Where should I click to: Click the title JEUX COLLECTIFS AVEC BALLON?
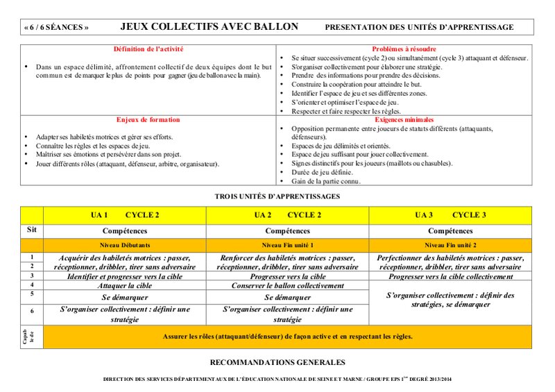(x=210, y=27)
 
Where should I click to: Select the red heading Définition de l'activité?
(x=148, y=49)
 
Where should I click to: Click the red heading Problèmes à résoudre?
(x=404, y=49)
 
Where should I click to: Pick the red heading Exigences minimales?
(x=404, y=119)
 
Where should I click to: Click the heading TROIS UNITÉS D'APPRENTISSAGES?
(x=277, y=196)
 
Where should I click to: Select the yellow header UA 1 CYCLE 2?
(x=125, y=215)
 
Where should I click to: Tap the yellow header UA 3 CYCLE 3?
(x=450, y=215)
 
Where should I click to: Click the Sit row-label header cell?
(x=31, y=229)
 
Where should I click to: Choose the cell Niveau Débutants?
(x=125, y=246)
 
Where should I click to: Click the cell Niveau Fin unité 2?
(x=450, y=246)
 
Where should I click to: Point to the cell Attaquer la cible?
(x=125, y=285)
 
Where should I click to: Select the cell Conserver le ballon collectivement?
(x=287, y=285)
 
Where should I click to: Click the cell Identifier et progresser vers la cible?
(x=125, y=276)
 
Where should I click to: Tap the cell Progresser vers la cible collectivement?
(x=450, y=276)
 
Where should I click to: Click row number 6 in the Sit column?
(x=31, y=311)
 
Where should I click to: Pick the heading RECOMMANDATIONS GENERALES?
(x=277, y=362)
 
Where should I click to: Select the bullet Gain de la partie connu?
(x=327, y=180)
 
